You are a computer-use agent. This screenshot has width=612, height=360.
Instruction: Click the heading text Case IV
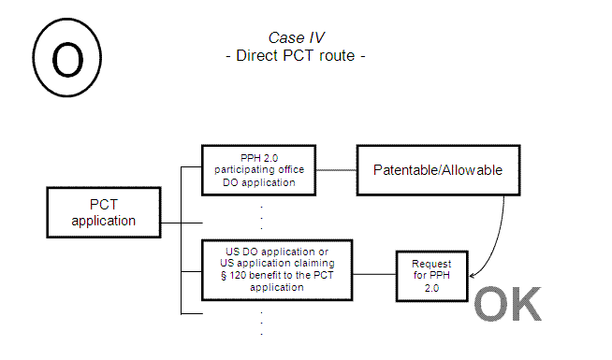click(x=293, y=36)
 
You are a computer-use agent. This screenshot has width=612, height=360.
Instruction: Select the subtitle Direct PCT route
click(x=295, y=54)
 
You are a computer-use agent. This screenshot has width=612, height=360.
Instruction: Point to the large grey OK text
click(x=507, y=304)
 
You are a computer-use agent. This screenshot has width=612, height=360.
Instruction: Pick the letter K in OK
click(x=524, y=304)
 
